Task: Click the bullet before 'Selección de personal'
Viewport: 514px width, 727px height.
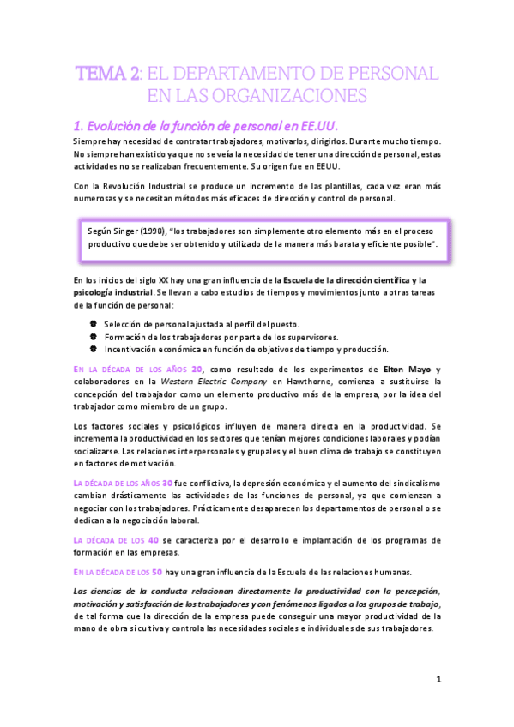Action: [x=93, y=324]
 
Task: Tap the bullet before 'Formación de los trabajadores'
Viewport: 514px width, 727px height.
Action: [x=93, y=336]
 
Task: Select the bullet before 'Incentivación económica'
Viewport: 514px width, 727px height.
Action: [x=93, y=348]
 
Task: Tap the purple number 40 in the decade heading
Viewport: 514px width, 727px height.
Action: [x=154, y=540]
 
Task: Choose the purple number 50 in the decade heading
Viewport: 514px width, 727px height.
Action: [x=151, y=573]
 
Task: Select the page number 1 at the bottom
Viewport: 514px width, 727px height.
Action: [x=438, y=679]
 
